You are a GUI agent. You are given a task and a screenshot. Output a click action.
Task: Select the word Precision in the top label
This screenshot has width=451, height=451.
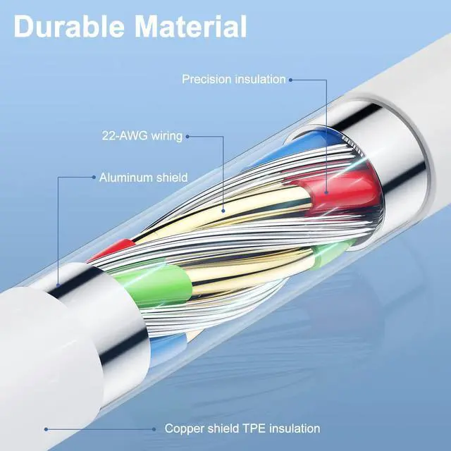point(208,79)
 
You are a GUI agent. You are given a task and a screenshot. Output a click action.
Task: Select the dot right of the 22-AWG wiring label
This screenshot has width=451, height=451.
point(190,137)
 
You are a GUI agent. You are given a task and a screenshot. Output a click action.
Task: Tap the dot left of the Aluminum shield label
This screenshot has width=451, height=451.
point(93,178)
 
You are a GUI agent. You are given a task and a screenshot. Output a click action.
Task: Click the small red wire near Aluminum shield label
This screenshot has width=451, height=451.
point(113,249)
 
